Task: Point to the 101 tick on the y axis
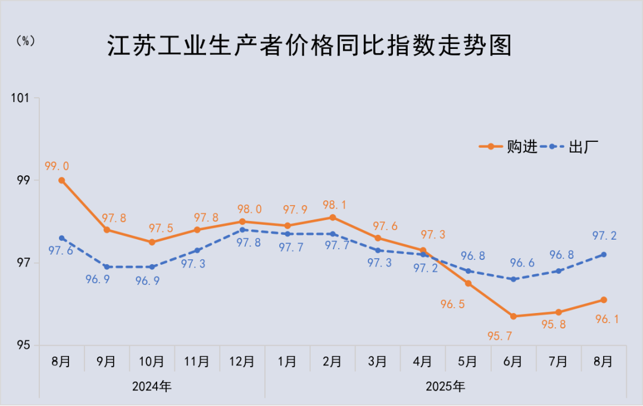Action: pyautogui.click(x=23, y=98)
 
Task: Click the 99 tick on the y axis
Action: pyautogui.click(x=26, y=180)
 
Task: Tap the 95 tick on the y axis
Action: pyautogui.click(x=26, y=345)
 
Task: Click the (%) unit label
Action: pyautogui.click(x=25, y=41)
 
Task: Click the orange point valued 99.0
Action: pyautogui.click(x=61, y=180)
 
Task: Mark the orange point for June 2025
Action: pyautogui.click(x=513, y=316)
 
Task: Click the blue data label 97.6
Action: pyautogui.click(x=61, y=252)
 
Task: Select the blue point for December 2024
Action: pyautogui.click(x=242, y=230)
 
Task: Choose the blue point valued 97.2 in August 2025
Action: pyautogui.click(x=604, y=255)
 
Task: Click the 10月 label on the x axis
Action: pyautogui.click(x=151, y=362)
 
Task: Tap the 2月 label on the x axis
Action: pyautogui.click(x=332, y=362)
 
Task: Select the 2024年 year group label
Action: pyautogui.click(x=152, y=386)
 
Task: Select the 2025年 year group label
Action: pyautogui.click(x=445, y=386)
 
